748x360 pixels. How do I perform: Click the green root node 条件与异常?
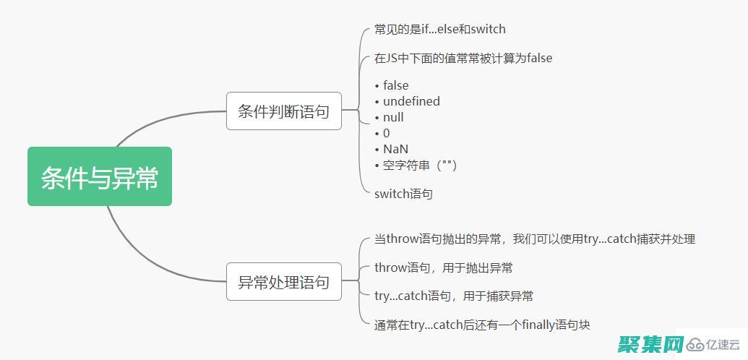[100, 177]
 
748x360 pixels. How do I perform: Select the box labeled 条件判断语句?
[283, 111]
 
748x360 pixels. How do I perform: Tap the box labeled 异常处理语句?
[283, 282]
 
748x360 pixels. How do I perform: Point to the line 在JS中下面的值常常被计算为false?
[463, 58]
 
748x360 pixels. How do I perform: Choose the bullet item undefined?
[410, 101]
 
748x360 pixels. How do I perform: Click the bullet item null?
[393, 117]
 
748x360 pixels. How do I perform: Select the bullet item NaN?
[395, 149]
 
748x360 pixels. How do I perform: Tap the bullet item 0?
[386, 133]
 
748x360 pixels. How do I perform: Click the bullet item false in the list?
[395, 85]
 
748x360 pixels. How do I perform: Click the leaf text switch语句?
[403, 194]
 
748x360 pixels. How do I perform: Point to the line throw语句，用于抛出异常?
[443, 267]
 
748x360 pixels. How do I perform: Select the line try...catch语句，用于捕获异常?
[453, 296]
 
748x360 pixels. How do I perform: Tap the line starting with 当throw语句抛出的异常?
[534, 239]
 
